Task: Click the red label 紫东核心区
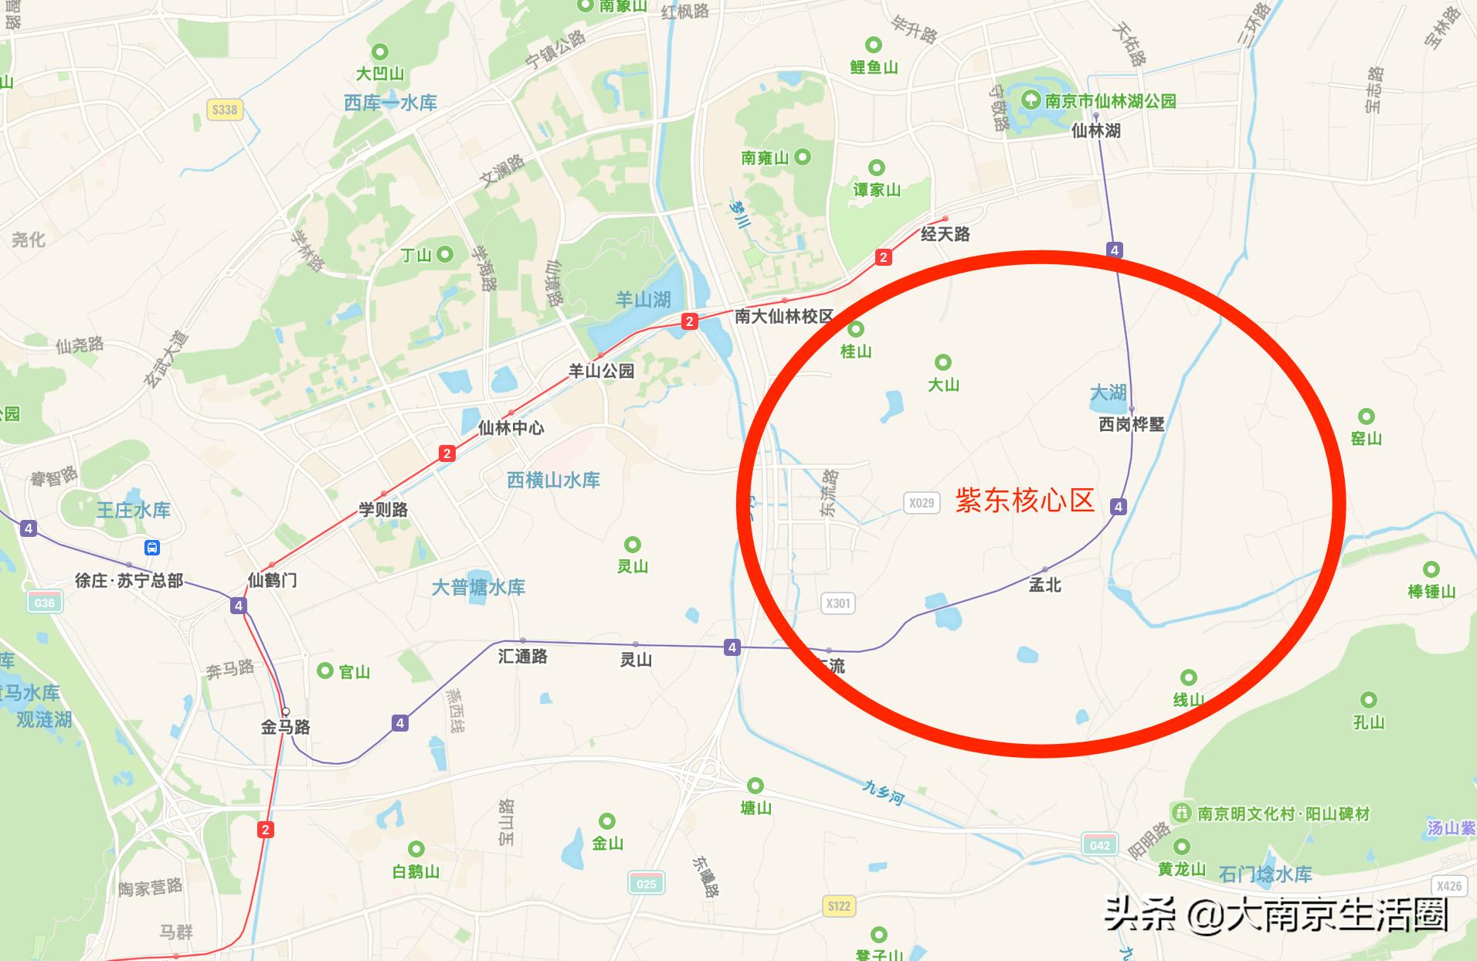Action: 1025,501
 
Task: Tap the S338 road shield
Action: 225,110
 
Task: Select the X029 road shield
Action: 921,503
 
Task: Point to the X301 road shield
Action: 838,603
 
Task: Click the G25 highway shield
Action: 646,884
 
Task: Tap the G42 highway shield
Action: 1099,845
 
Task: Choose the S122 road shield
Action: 839,906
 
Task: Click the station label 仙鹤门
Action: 272,580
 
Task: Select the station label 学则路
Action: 383,510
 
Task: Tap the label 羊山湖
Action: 643,300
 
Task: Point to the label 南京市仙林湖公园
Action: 1110,101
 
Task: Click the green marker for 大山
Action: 942,362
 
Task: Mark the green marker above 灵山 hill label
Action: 633,545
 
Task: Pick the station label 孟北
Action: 1045,586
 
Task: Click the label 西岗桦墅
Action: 1132,424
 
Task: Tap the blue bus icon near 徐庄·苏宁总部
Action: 152,548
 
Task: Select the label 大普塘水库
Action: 478,587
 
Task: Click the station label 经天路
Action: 945,234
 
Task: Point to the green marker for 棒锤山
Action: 1431,570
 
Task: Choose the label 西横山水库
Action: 553,480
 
